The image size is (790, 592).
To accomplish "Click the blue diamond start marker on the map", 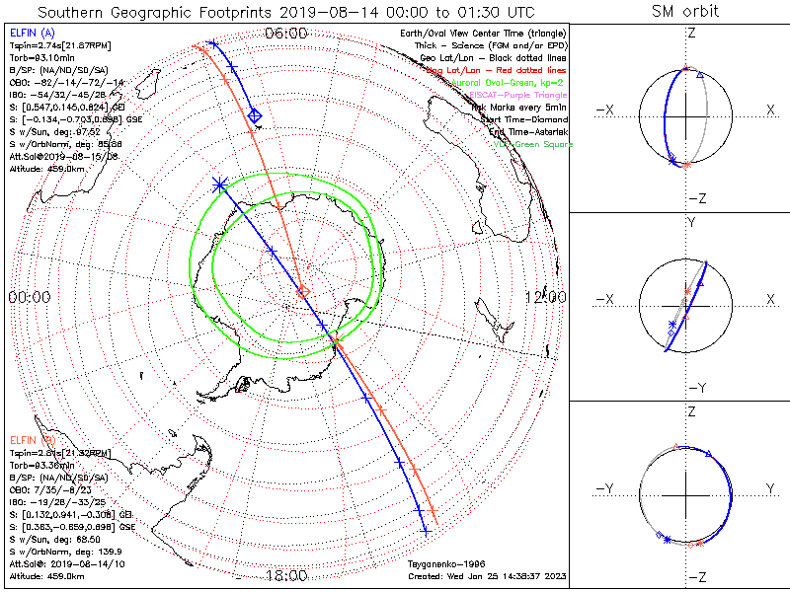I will click(x=254, y=116).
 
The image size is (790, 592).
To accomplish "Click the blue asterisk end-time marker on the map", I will click(x=219, y=185).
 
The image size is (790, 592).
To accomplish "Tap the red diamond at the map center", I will click(x=303, y=291).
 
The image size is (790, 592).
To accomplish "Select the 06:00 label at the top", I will click(x=286, y=34).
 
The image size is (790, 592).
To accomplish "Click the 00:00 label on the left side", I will click(x=29, y=297).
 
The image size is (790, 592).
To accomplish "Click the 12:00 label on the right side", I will click(x=545, y=297).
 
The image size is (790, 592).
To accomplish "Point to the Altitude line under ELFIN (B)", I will click(x=46, y=575).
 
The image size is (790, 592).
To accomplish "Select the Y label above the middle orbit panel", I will click(x=691, y=222).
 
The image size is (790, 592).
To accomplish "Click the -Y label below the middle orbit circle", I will click(x=691, y=388).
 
